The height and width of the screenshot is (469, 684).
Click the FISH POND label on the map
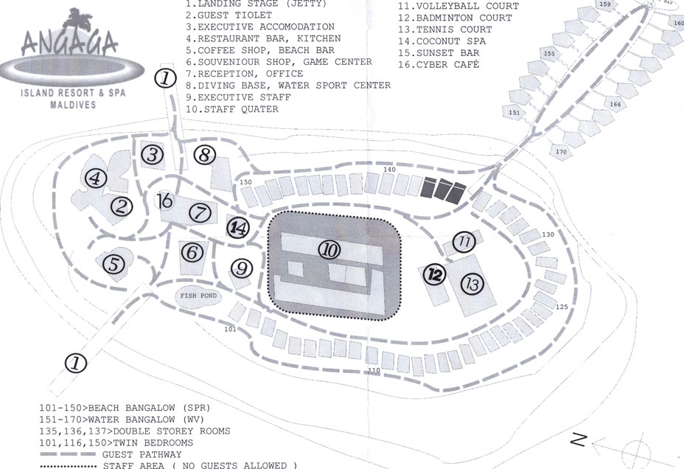[x=198, y=296]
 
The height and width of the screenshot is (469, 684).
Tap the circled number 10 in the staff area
[x=329, y=250]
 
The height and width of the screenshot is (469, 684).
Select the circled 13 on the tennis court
[x=472, y=284]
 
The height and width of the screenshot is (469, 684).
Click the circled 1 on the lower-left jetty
[x=75, y=364]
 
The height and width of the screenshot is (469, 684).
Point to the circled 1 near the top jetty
[x=166, y=78]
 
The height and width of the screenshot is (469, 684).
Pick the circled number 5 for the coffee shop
[x=114, y=265]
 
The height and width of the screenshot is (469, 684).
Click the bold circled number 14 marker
[x=238, y=228]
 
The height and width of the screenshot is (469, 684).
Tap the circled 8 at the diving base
[x=205, y=156]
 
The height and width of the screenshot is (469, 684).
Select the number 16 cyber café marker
[x=165, y=201]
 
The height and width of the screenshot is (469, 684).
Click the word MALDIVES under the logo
[x=73, y=105]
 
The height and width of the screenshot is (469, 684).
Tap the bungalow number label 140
[x=390, y=170]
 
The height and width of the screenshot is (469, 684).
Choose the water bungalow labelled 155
[x=550, y=54]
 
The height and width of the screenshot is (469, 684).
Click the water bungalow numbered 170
[x=562, y=151]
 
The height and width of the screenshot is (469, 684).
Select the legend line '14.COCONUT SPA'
[x=442, y=41]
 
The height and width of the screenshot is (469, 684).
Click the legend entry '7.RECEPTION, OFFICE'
[x=244, y=74]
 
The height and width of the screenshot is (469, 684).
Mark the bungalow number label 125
[x=562, y=307]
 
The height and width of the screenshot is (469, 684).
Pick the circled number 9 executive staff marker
[x=242, y=268]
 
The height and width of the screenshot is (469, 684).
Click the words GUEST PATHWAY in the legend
[x=142, y=454]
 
